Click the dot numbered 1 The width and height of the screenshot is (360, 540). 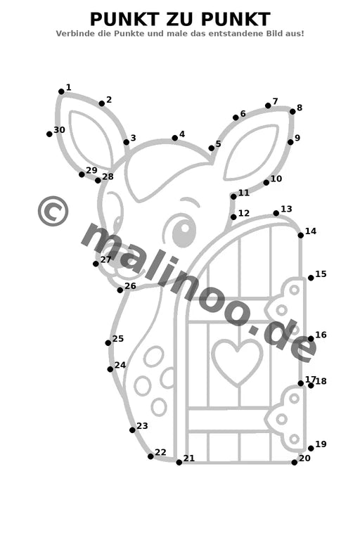pos(61,91)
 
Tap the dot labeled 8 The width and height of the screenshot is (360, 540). pos(292,112)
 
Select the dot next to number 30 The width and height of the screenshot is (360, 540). pos(49,134)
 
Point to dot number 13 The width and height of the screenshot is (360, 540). pos(276,214)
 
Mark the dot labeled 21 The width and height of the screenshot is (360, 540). pos(179,463)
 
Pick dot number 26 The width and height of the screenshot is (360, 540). pos(120,290)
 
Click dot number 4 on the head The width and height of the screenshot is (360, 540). pos(174,138)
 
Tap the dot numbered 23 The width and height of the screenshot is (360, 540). pos(132,430)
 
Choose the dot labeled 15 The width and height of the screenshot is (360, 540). pos(311,278)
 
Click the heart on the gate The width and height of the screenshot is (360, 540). pos(238,361)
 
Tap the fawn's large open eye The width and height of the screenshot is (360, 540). pos(184,229)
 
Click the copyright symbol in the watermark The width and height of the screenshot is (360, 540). pos(53,211)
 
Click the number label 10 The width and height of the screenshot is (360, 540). pos(276,179)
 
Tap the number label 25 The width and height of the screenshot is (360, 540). pos(118,338)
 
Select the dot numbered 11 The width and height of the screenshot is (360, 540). pos(233,197)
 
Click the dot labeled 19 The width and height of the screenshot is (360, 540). pos(311,449)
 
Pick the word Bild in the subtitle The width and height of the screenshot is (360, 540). pos(274,34)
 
